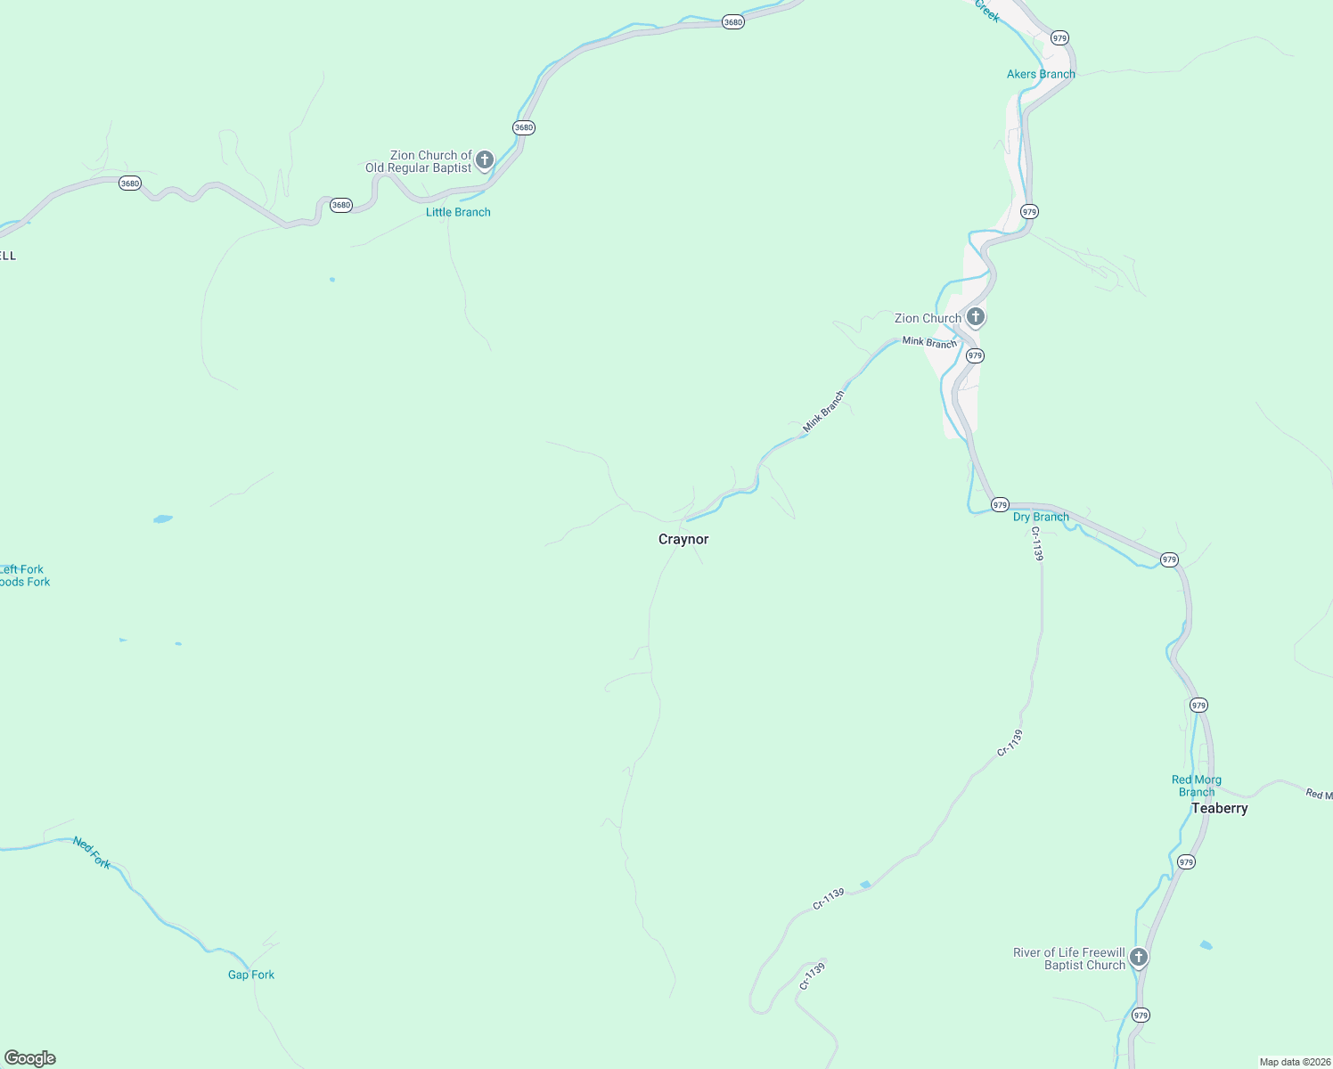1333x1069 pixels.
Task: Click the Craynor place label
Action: click(x=683, y=539)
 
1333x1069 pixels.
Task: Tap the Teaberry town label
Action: click(x=1219, y=808)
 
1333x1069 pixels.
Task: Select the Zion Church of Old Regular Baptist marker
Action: click(x=485, y=160)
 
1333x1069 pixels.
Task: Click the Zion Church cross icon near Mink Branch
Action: click(x=976, y=316)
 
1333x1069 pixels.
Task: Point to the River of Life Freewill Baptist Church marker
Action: click(x=1138, y=958)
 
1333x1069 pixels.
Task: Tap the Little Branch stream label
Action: click(x=458, y=212)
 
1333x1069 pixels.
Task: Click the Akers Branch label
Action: click(x=1041, y=74)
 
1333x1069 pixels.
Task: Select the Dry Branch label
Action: click(x=1041, y=517)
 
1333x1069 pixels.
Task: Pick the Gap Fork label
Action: click(x=251, y=975)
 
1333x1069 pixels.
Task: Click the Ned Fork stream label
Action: click(x=92, y=853)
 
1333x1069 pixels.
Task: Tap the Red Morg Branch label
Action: click(x=1197, y=786)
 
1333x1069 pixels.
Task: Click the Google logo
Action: click(x=30, y=1058)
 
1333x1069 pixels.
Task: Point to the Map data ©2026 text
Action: click(x=1295, y=1062)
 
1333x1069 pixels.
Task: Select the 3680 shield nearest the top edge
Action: click(x=732, y=22)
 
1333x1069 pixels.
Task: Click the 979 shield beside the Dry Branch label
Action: click(x=1000, y=504)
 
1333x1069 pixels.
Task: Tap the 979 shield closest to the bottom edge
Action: click(x=1141, y=1015)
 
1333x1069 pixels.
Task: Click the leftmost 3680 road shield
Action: click(x=130, y=184)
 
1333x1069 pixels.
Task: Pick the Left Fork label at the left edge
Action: click(x=21, y=569)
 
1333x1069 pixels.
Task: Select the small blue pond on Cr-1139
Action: click(x=864, y=885)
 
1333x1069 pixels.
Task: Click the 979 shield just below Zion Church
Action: click(x=975, y=355)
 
